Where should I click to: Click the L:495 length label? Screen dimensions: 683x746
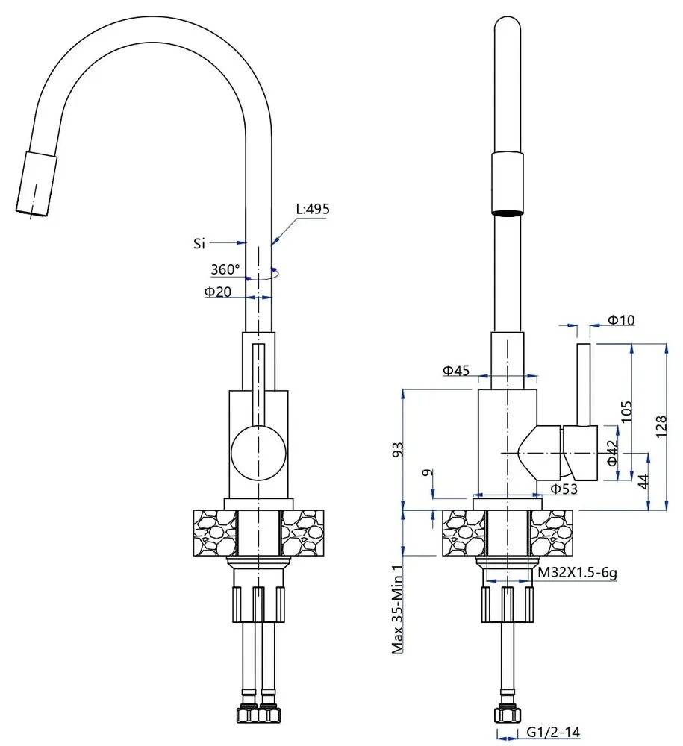pos(312,209)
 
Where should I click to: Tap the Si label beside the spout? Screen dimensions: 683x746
pos(199,244)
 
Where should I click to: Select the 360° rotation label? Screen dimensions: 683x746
pos(225,269)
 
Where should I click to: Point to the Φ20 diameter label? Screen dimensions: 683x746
pos(217,292)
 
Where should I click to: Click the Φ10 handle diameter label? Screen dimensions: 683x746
pos(620,320)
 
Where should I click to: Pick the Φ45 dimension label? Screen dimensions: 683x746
pos(456,370)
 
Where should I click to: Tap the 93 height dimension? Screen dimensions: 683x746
pos(398,450)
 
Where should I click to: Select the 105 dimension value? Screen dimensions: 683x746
pos(626,412)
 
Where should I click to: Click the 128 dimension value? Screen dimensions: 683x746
pos(661,426)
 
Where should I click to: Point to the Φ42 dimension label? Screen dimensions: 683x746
pos(613,453)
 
